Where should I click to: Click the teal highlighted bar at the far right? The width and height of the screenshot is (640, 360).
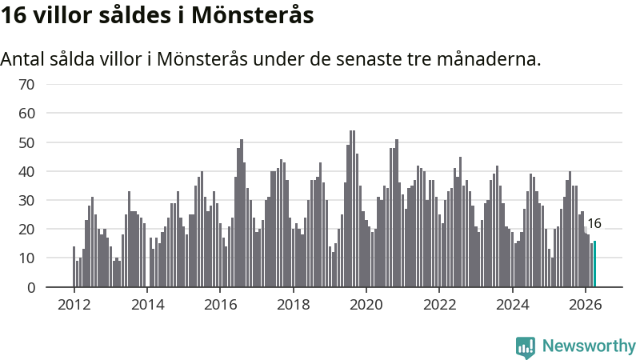[594, 264]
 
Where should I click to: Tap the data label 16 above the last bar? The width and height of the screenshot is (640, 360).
[594, 223]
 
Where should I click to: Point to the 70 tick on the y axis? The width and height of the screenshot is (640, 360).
[26, 85]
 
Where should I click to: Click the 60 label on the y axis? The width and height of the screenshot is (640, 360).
[26, 113]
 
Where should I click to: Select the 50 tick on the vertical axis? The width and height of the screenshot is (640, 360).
[26, 143]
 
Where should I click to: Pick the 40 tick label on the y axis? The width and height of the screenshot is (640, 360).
[26, 171]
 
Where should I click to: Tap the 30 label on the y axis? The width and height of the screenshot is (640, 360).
[26, 201]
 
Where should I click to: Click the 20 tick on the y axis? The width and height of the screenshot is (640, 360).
[26, 230]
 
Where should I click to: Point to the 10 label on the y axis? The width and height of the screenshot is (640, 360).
[26, 258]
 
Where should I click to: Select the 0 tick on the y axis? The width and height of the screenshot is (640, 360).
[31, 287]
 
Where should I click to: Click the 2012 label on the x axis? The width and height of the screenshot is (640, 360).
[74, 305]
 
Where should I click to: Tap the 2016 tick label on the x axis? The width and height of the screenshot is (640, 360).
[220, 305]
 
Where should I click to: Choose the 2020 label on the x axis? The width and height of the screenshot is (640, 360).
[366, 305]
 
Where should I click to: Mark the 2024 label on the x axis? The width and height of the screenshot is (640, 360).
[512, 305]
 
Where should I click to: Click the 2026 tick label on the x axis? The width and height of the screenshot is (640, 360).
[585, 305]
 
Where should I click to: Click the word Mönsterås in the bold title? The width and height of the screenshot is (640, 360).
[252, 15]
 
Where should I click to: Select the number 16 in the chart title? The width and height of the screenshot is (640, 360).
[14, 15]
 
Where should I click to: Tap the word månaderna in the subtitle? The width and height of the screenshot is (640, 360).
[489, 58]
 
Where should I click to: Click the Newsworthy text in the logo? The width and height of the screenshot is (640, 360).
[589, 346]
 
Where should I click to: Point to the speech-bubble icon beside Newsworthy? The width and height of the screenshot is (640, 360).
[526, 347]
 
